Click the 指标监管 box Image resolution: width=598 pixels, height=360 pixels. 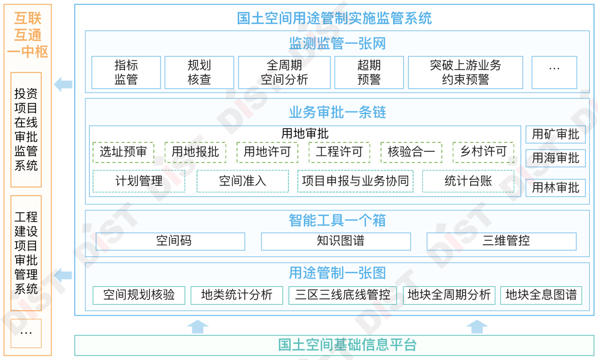pos(126,73)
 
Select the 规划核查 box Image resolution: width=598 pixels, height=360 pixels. pos(199,73)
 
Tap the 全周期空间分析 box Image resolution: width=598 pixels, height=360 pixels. pos(284,73)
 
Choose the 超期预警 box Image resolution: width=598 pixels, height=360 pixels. pos(369,73)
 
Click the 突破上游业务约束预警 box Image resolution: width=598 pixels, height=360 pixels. pos(465,73)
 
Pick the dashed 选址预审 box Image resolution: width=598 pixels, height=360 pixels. pos(123,152)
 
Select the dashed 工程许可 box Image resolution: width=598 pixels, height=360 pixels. pos(339,152)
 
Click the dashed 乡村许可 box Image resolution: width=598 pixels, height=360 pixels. pos(483,152)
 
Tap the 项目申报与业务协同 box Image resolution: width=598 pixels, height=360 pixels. pos(355,181)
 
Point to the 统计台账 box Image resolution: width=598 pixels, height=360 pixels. pos(468,181)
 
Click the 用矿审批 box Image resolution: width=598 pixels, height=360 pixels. pos(555,134)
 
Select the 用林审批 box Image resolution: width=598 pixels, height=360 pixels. pos(555,188)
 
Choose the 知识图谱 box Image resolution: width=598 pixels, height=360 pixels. pos(336,241)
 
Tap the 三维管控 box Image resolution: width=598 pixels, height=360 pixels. pos(502,241)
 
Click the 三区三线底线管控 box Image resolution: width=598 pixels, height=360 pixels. pos(343,295)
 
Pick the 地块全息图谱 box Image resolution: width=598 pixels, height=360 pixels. pos(541,295)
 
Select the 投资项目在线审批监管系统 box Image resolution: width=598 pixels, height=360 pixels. pos(26,130)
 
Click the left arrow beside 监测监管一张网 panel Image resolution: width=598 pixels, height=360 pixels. pos(63,85)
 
